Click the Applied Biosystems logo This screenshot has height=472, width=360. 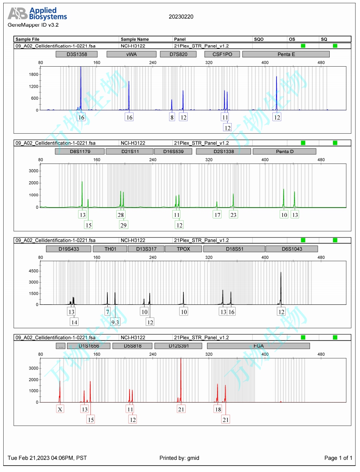click(x=37, y=14)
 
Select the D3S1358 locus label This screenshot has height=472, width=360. click(x=77, y=54)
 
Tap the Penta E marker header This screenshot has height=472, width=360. click(x=286, y=54)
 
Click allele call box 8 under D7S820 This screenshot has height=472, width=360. click(x=172, y=117)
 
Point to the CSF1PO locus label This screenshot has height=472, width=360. click(x=222, y=54)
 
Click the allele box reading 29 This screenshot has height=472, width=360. click(x=123, y=225)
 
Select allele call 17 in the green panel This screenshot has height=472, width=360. click(x=218, y=215)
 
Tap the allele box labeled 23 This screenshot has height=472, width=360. click(x=233, y=215)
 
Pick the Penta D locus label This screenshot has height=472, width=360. click(x=284, y=151)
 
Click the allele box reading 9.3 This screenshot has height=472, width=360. click(x=115, y=322)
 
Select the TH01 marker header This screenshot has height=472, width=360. click(x=110, y=249)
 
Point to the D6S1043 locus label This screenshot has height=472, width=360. click(x=292, y=249)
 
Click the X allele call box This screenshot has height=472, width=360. click(x=60, y=409)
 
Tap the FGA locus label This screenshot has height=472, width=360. click(x=258, y=346)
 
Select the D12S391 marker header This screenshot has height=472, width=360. click(x=178, y=346)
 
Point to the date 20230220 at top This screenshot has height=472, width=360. click(x=181, y=17)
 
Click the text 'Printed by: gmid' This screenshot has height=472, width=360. click(x=179, y=458)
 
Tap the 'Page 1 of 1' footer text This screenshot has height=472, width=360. click(x=338, y=458)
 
